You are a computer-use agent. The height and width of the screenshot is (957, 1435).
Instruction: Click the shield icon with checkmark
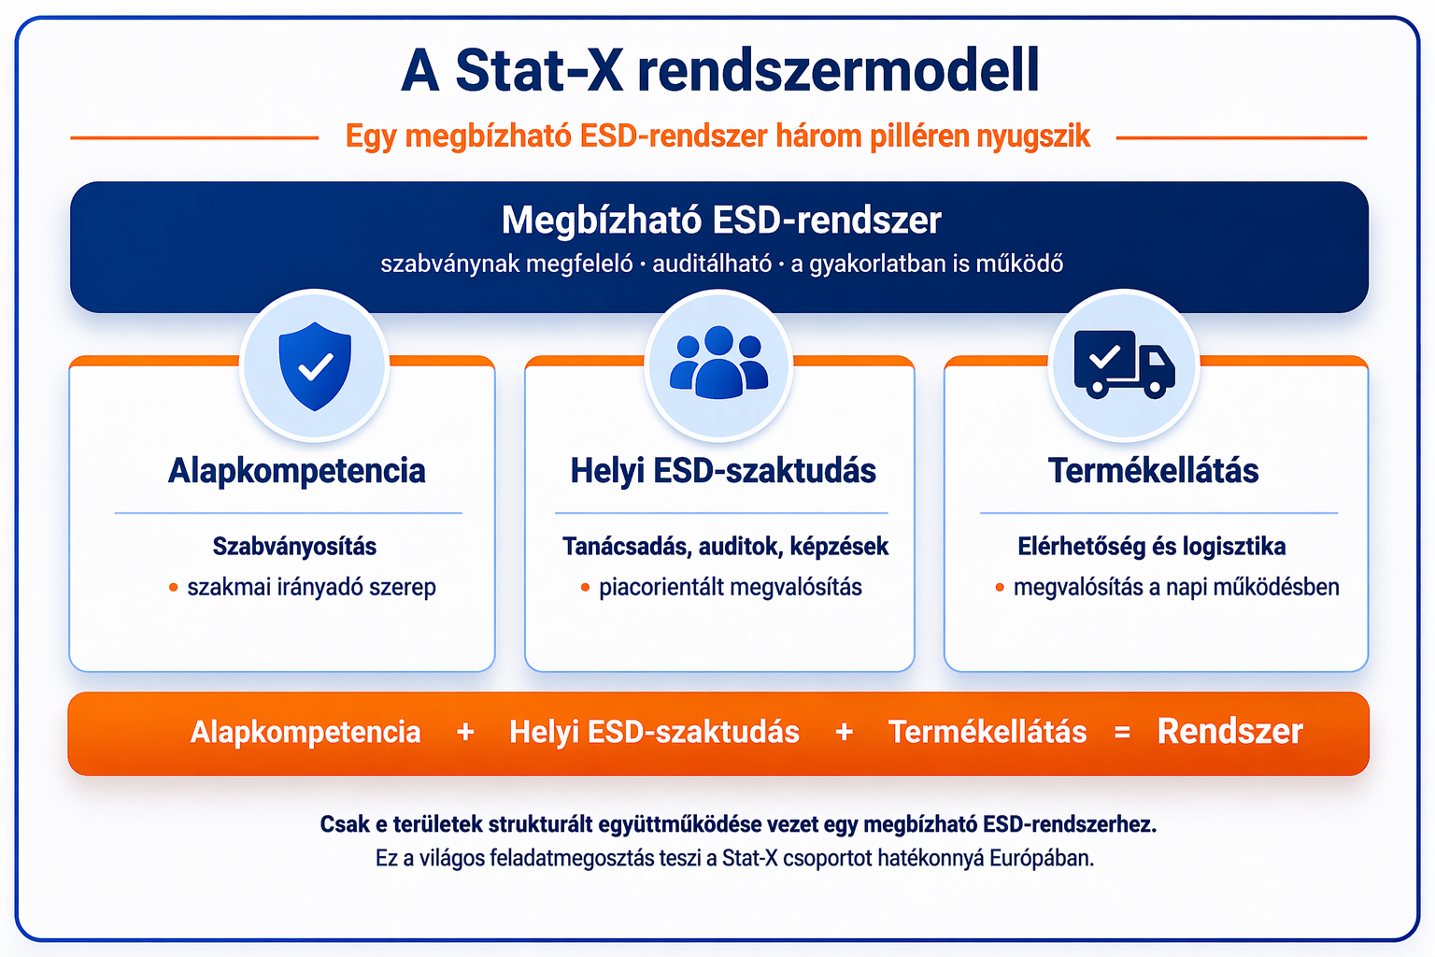tap(315, 366)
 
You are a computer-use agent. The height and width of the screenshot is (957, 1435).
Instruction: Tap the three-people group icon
tap(718, 363)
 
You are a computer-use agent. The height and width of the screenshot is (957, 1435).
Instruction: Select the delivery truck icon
tap(1124, 364)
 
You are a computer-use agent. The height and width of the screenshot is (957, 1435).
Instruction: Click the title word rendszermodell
tap(838, 70)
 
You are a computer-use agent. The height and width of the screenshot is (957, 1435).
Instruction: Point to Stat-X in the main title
tap(539, 70)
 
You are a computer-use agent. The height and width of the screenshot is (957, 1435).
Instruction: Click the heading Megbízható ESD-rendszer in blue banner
tap(720, 221)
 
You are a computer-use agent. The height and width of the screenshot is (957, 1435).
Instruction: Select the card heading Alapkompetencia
tap(296, 470)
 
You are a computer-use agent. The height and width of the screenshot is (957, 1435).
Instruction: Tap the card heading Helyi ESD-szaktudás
tap(722, 470)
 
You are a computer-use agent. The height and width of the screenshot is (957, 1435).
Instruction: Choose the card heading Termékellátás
tap(1153, 470)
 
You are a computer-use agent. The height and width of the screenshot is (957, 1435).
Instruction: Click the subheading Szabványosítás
tap(294, 546)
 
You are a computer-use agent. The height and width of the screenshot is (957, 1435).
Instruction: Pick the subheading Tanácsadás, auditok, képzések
tap(725, 546)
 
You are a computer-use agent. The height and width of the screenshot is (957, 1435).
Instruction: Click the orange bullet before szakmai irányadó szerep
tap(174, 588)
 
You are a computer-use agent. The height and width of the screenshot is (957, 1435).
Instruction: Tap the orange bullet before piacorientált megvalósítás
tap(585, 588)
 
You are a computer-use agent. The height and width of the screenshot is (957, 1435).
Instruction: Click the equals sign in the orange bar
tap(1122, 733)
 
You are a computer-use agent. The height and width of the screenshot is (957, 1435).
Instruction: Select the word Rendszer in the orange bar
tap(1229, 731)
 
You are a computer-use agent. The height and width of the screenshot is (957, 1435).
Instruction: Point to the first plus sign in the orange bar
tap(465, 733)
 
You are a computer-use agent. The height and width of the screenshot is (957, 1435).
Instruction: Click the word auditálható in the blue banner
tap(712, 264)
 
